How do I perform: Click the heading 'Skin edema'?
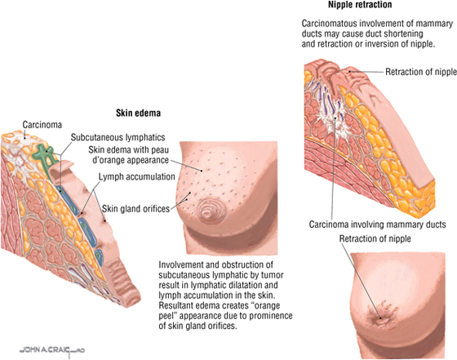[138, 113]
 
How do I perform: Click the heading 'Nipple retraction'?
[360, 5]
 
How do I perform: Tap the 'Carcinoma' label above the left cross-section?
[42, 125]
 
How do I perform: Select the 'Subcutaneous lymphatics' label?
[118, 137]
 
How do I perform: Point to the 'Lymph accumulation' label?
[137, 176]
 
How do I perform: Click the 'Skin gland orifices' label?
[135, 209]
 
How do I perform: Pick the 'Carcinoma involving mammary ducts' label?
[377, 224]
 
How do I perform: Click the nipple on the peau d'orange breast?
[209, 211]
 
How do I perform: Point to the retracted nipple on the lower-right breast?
[380, 318]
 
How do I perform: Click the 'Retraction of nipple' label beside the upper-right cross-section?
[421, 72]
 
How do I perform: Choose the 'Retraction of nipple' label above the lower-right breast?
[375, 238]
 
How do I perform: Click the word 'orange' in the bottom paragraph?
[264, 306]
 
